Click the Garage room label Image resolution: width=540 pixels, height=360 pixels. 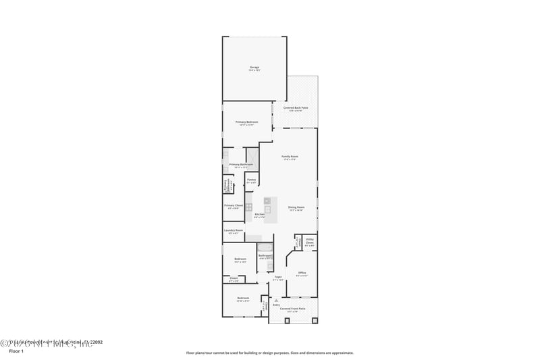pos(254,68)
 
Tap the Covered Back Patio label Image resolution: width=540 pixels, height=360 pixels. pos(296,108)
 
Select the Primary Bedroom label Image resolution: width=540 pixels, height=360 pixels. pos(246,122)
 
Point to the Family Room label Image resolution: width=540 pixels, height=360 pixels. pos(290,156)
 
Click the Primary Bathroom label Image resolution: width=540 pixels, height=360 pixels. pos(241,164)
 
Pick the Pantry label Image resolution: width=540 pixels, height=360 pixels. pos(251,180)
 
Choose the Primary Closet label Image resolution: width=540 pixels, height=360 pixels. pos(234,205)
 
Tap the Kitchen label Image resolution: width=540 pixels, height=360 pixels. pos(260,215)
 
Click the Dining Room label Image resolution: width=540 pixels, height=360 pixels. pos(296,207)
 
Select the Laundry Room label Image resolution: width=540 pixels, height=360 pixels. pos(234,230)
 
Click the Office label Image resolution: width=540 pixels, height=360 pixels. pos(302,273)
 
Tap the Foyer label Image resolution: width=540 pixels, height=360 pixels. pos(277,277)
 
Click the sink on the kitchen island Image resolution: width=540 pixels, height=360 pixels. pos(267,209)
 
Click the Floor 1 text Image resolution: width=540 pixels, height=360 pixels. pos(16,351)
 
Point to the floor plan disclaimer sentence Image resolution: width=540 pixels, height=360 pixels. pos(269,353)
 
